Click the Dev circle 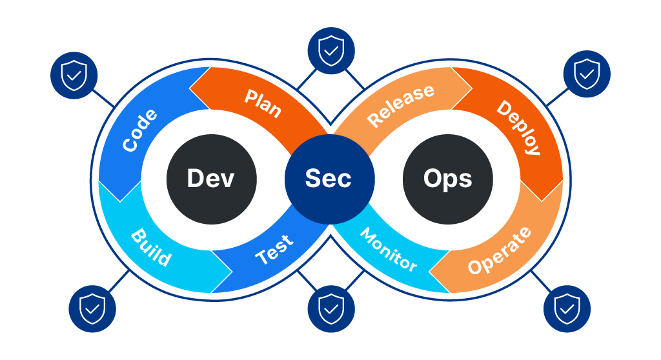(x=212, y=179)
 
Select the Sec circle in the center (x=330, y=179)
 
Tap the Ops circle (x=448, y=179)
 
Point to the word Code (x=140, y=131)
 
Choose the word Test (x=274, y=249)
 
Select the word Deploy (x=518, y=127)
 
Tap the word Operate (x=500, y=250)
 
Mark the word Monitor (x=388, y=249)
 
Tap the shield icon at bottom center (x=331, y=309)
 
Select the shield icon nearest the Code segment (x=74, y=75)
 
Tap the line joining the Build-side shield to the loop (x=121, y=280)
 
